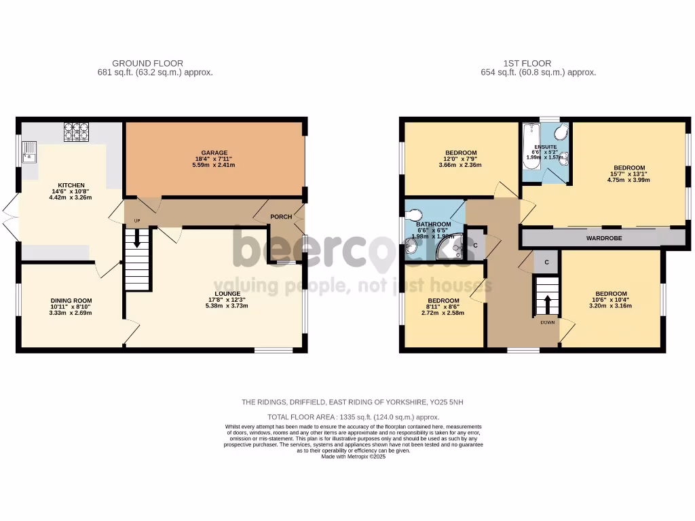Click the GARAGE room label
tap(214, 153)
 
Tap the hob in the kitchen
tap(76, 131)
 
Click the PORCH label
tap(281, 217)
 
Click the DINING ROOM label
tap(71, 301)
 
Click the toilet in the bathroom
tap(413, 214)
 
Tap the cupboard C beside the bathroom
tap(475, 246)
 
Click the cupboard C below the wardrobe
tap(546, 260)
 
